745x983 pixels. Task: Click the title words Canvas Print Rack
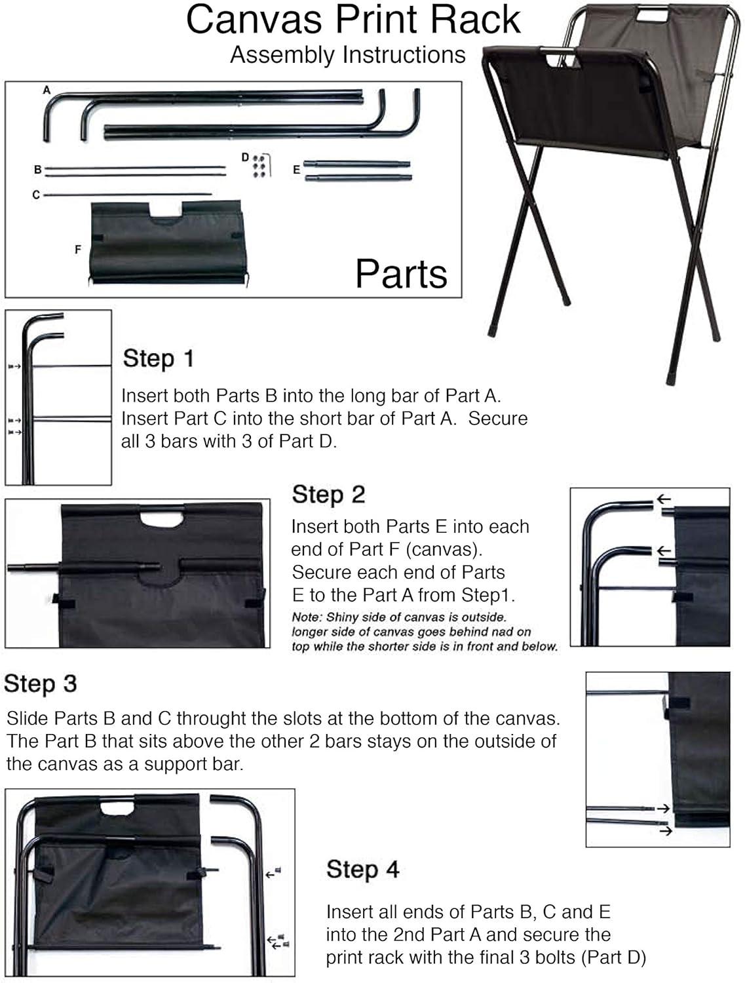(353, 20)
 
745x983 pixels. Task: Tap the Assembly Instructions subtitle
(348, 56)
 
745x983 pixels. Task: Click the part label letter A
(47, 90)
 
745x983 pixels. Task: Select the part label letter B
(37, 170)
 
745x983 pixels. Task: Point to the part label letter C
(36, 195)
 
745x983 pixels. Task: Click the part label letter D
(245, 157)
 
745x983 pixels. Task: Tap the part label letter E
(296, 170)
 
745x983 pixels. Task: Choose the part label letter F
(78, 250)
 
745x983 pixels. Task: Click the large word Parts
(401, 274)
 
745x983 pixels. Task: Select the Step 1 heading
(159, 358)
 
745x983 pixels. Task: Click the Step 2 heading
(328, 495)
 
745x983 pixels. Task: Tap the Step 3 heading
(40, 684)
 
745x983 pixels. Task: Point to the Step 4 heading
(362, 869)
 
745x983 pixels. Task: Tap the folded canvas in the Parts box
(168, 242)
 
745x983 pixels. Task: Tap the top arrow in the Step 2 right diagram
(664, 499)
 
